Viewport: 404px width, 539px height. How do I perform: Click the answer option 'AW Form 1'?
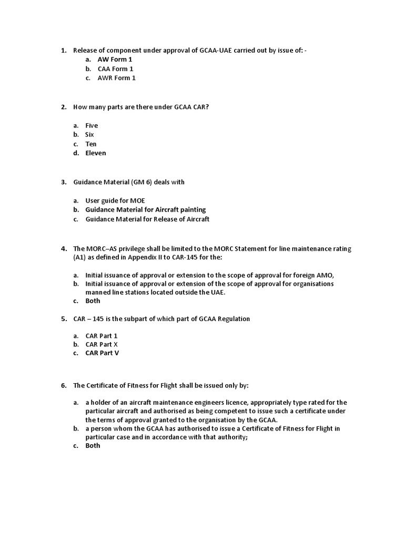tap(115, 59)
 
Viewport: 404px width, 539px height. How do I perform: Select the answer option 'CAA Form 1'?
tap(115, 69)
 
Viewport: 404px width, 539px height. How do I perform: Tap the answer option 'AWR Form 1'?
tap(116, 78)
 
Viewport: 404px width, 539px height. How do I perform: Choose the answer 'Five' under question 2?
tap(92, 125)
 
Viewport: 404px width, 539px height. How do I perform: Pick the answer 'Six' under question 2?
tap(89, 135)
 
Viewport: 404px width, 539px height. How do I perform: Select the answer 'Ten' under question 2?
tap(91, 144)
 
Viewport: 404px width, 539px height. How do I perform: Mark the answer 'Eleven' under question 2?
tap(96, 153)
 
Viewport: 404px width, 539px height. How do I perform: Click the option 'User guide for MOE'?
tap(115, 201)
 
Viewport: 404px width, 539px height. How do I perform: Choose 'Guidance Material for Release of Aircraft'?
tap(147, 219)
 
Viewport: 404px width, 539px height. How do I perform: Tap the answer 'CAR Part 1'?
tap(102, 335)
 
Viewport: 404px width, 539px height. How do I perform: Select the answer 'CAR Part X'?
tap(102, 344)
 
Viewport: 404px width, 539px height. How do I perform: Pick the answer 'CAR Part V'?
tap(102, 353)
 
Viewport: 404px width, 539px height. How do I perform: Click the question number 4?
tap(64, 248)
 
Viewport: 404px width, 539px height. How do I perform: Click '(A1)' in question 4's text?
tap(80, 257)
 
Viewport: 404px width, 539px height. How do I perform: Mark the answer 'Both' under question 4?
tap(93, 301)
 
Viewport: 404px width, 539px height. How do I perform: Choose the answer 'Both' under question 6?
tap(93, 445)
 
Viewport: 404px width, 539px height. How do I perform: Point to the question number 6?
tap(64, 386)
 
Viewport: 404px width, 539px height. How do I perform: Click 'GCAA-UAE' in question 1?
tap(214, 51)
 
